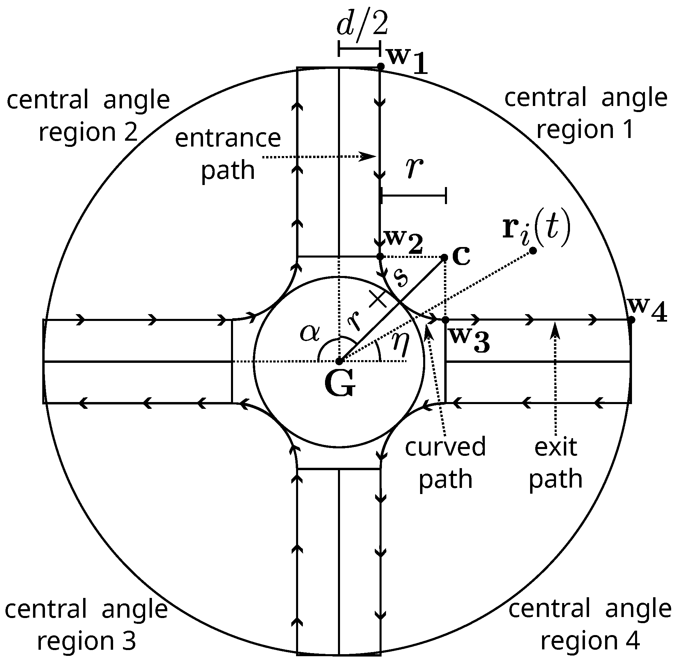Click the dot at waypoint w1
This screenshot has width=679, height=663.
(x=381, y=66)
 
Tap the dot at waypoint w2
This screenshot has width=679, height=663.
(x=380, y=257)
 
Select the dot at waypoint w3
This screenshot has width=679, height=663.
(x=445, y=319)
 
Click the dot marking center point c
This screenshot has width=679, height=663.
(x=444, y=257)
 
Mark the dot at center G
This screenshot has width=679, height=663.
(x=339, y=362)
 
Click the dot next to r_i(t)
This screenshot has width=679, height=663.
(x=533, y=251)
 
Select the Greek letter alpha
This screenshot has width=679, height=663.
(x=310, y=333)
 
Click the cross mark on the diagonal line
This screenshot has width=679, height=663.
(x=378, y=299)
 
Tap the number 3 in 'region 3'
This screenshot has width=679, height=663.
(x=129, y=641)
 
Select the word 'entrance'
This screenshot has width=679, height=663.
(x=228, y=138)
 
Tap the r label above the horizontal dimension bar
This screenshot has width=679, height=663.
(x=414, y=168)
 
